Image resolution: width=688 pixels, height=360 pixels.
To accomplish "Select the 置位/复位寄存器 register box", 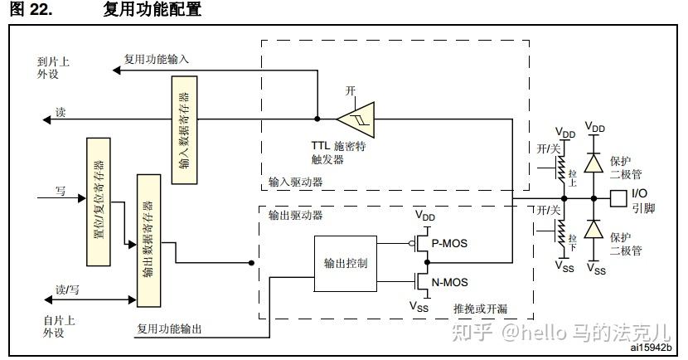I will tap(98, 202).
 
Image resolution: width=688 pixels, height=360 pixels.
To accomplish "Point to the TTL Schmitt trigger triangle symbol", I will tap(356, 118).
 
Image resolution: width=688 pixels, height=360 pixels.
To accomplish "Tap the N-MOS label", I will tap(450, 282).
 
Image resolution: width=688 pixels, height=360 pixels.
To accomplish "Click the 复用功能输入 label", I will tap(157, 60).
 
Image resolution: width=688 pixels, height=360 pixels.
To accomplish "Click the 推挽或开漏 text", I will tap(480, 309).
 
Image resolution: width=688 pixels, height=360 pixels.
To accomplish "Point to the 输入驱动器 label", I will tap(295, 181).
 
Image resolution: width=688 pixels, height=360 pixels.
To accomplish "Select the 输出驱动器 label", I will tap(295, 215).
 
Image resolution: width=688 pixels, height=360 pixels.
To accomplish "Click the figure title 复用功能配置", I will tap(153, 10).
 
